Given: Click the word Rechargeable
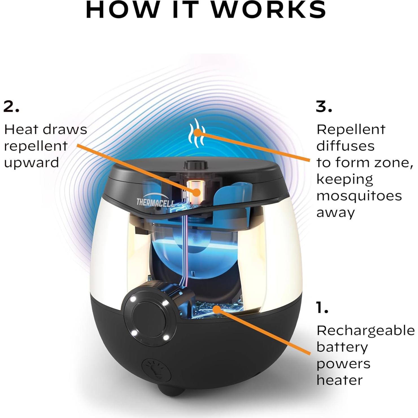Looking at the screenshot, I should tap(366, 331).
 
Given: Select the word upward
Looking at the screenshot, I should tap(31, 163).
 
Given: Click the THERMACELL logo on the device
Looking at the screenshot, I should tap(155, 202).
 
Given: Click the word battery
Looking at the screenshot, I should tap(342, 347).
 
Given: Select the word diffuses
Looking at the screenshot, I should tap(345, 146).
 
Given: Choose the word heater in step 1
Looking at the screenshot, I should tap(339, 380).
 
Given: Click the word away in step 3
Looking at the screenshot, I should tap(336, 213).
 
